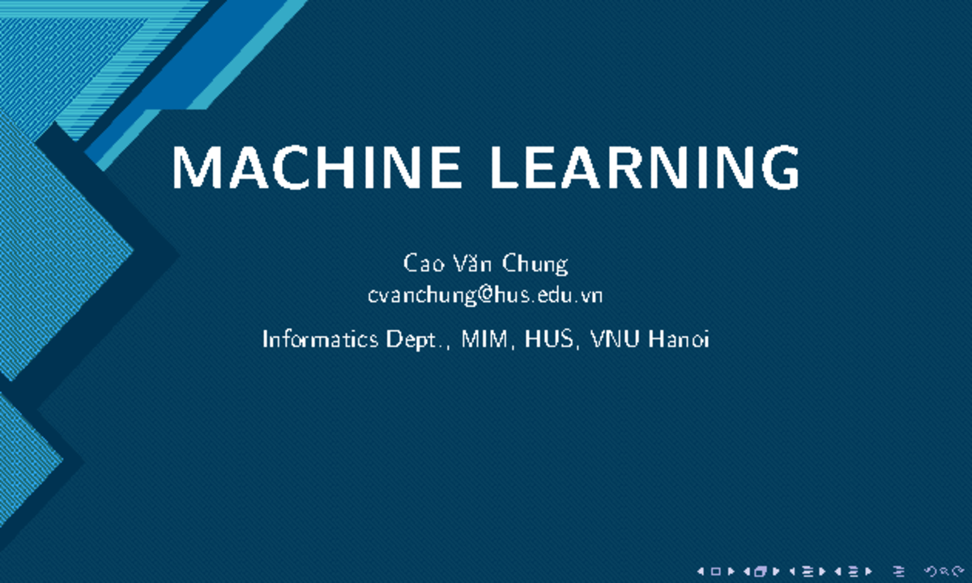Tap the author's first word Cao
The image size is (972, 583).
[420, 264]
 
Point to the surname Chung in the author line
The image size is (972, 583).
[535, 265]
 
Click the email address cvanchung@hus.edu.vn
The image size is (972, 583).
[485, 296]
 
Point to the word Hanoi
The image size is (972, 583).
[677, 339]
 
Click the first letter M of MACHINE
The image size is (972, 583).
[193, 168]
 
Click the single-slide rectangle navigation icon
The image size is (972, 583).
[715, 571]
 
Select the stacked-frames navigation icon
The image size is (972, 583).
[760, 571]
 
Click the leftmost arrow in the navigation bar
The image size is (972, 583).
[701, 571]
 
